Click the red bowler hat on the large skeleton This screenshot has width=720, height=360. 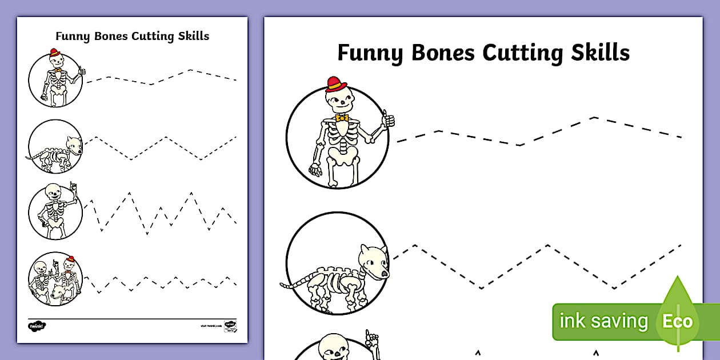[337, 85]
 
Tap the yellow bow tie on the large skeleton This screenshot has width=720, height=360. [342, 118]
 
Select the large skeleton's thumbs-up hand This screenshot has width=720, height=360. [389, 119]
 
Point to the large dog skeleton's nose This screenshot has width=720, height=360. [385, 273]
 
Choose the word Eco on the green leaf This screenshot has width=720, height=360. [677, 321]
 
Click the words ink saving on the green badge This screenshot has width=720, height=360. [603, 321]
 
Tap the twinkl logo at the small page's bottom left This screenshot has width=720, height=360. [37, 326]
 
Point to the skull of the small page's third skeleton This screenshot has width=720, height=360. [52, 191]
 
